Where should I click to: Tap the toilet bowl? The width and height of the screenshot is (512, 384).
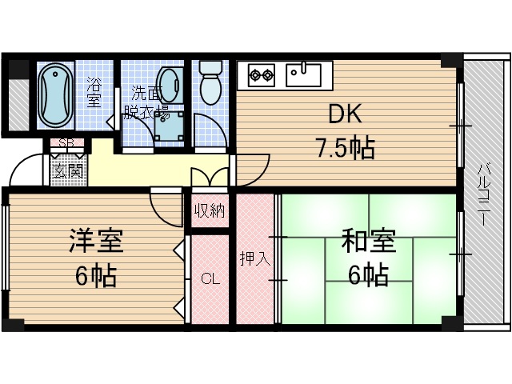coord(210,84)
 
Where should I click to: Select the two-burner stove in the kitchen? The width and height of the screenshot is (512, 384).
coord(262,77)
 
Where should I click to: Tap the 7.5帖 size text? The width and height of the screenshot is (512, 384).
coord(345,149)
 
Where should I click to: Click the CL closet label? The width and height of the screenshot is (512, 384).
coord(210,279)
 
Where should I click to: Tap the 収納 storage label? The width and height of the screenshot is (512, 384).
coord(210,211)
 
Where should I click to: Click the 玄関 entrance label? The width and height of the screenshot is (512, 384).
coord(66,170)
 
